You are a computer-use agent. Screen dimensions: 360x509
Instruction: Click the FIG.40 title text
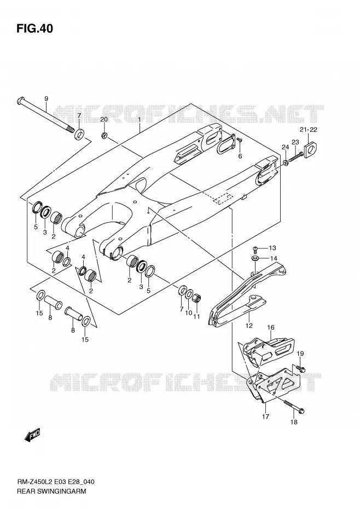click(x=34, y=28)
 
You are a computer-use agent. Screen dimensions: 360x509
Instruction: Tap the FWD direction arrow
click(x=32, y=435)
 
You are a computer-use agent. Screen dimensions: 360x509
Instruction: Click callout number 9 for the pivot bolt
click(x=46, y=99)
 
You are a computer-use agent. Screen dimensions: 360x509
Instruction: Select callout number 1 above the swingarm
click(x=140, y=119)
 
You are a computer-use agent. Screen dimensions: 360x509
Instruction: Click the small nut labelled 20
click(x=104, y=135)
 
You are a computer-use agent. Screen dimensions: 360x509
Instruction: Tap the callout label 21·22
click(x=309, y=130)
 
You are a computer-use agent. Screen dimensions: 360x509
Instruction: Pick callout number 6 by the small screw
click(x=240, y=156)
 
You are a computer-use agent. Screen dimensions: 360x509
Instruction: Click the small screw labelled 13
click(x=256, y=250)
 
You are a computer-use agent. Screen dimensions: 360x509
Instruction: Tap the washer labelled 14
click(x=256, y=258)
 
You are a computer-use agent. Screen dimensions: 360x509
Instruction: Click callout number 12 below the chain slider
click(x=249, y=326)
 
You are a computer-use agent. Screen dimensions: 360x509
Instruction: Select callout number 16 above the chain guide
click(x=271, y=327)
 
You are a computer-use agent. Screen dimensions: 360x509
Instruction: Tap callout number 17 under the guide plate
click(x=265, y=417)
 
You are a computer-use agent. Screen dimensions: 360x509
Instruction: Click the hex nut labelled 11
click(x=197, y=297)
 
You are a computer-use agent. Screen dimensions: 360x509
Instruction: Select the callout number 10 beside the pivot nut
click(x=189, y=313)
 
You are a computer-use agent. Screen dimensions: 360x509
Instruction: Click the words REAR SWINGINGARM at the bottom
click(x=51, y=491)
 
